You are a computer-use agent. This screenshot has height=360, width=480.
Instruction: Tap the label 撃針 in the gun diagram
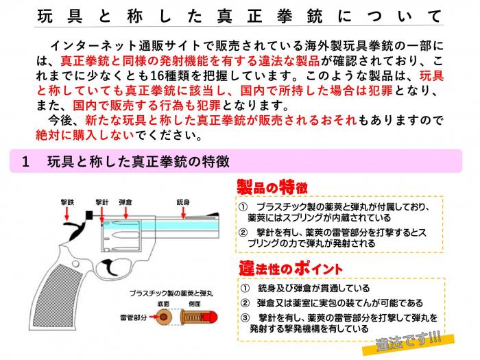click(x=102, y=202)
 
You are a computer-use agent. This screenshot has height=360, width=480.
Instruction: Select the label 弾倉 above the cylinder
click(x=125, y=202)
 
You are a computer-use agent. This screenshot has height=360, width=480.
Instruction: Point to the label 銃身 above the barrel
click(x=182, y=202)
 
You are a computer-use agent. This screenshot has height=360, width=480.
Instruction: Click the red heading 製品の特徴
click(x=272, y=187)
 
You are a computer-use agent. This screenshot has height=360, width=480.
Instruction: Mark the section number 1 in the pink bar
click(x=26, y=162)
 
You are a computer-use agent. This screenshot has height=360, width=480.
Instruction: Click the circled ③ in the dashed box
click(x=245, y=317)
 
